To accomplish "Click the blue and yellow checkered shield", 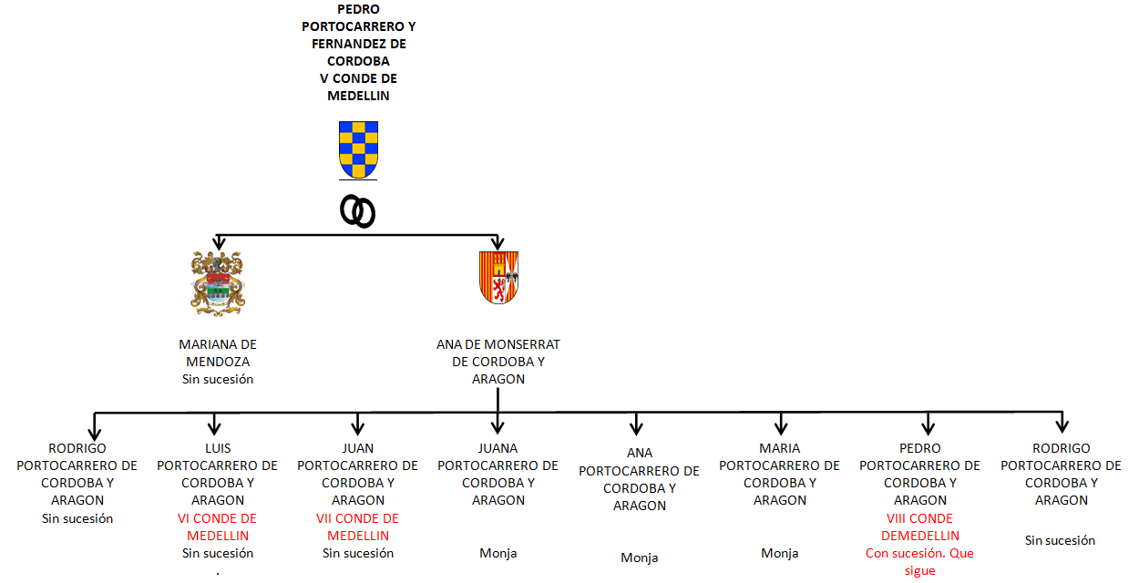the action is click(x=358, y=150).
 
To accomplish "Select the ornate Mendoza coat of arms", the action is click(x=218, y=283).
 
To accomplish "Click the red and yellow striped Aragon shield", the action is click(x=498, y=278).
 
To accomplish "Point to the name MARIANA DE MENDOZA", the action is click(x=218, y=353).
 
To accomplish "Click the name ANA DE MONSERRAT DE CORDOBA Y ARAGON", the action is click(x=498, y=362).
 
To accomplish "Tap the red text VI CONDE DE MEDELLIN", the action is click(x=218, y=527).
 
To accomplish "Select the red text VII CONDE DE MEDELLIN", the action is click(x=358, y=527).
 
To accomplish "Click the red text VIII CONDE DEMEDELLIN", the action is click(x=920, y=527).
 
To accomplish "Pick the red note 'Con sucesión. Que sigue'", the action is click(x=919, y=562).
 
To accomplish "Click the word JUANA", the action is click(x=498, y=448).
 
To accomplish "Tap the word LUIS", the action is click(x=218, y=448).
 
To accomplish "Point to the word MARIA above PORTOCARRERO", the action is click(x=779, y=448).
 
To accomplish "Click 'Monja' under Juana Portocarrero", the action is click(x=498, y=554).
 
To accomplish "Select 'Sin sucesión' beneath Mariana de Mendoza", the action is click(x=218, y=379).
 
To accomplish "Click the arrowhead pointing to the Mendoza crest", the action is click(x=220, y=242).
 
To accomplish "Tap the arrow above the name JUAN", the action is click(x=358, y=424).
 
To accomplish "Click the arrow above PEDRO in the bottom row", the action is click(x=929, y=424).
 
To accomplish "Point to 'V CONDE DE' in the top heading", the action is click(x=358, y=78).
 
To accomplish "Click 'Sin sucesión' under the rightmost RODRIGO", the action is click(x=1061, y=540).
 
